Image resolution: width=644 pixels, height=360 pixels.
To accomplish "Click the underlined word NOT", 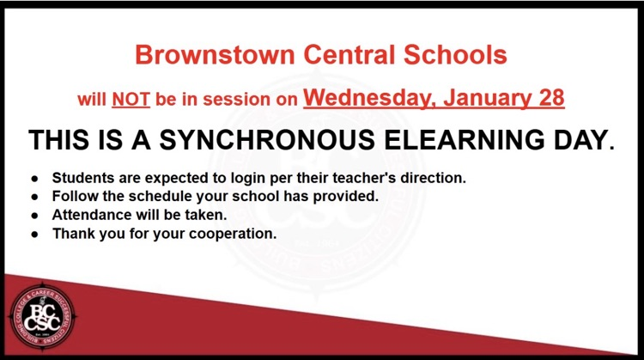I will coord(131,99).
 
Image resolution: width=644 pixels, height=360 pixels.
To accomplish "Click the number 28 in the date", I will coord(548,97).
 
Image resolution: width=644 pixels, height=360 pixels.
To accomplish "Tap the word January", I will coord(484,97).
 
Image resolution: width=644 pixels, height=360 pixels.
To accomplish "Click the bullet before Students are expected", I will coord(35,178).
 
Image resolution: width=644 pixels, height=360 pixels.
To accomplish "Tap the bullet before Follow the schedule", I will coord(35,196).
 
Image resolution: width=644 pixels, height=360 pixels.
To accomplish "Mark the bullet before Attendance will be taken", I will coord(35,215).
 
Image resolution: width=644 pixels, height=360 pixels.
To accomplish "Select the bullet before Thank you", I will coord(35,233).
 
